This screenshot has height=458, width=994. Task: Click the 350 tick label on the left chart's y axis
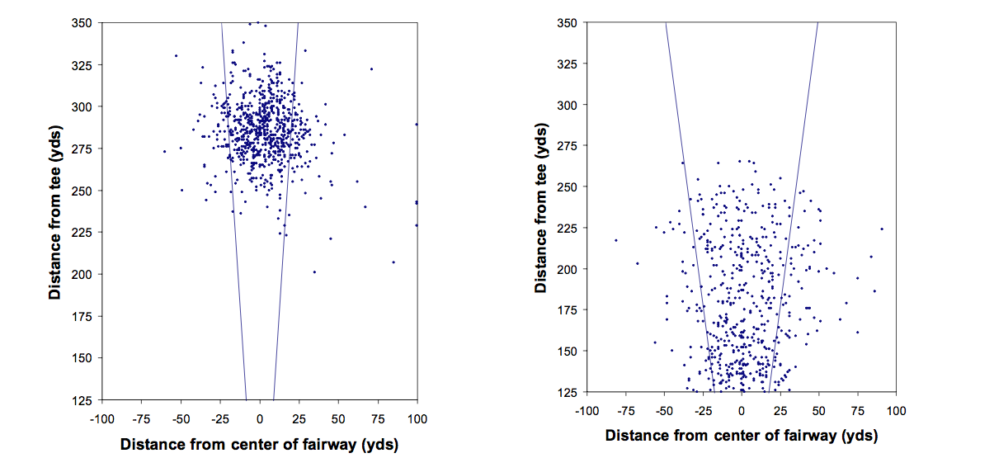(83, 22)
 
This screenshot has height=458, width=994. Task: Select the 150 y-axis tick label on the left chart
(83, 357)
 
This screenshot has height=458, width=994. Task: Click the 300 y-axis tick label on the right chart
(569, 105)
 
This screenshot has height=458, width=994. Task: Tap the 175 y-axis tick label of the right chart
(569, 310)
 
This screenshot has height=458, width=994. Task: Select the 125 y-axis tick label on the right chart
(569, 392)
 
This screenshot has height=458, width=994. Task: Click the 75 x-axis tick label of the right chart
(858, 410)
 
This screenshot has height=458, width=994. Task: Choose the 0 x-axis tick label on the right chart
(742, 410)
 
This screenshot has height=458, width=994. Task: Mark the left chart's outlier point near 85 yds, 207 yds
(393, 262)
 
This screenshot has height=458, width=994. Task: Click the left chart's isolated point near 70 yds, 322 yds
(371, 68)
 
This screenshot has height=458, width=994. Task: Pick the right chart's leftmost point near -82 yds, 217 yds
(615, 240)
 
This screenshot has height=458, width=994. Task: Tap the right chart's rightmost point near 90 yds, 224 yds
(882, 229)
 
